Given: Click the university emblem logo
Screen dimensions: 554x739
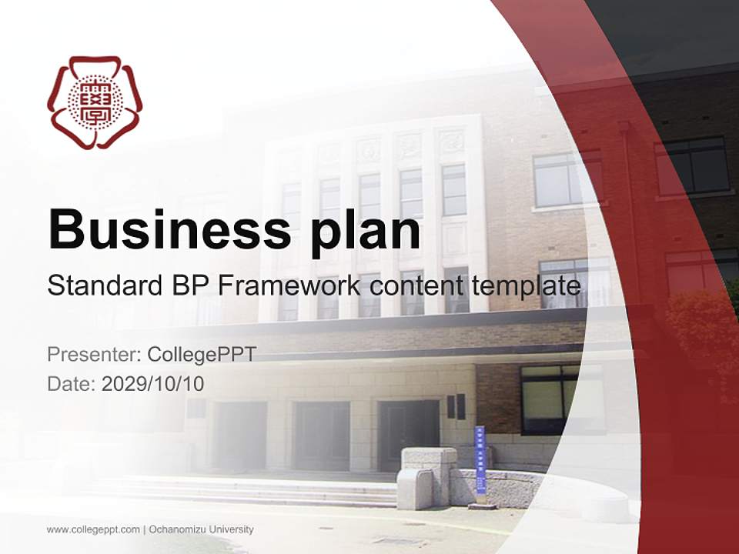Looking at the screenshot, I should pos(95,102).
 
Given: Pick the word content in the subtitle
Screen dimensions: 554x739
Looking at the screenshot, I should pos(414,286).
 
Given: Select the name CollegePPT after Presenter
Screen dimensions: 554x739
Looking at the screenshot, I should pos(201,355).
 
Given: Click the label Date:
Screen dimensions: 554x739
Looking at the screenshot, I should pos(72,383).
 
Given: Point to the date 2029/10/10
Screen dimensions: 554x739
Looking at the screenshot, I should pos(153,383).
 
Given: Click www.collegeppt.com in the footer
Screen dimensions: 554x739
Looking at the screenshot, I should pos(93,529).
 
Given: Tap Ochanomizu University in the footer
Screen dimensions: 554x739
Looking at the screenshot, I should pos(201,529).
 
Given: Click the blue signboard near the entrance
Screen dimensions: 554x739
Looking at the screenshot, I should pos(480,460).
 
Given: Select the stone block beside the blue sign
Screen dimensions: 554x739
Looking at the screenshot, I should pos(428,477).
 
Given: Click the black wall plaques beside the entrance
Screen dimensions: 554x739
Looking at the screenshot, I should pos(456,406).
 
